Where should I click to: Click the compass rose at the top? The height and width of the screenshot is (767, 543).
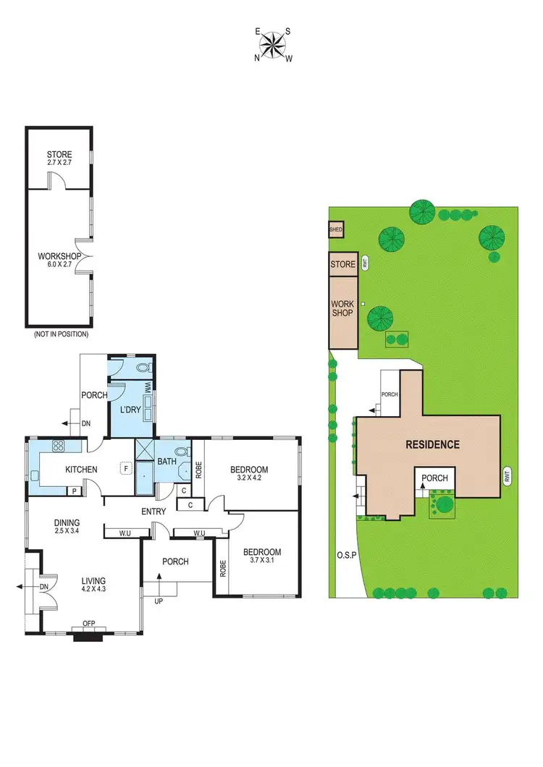[272, 45]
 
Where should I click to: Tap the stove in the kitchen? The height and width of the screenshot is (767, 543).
[57, 446]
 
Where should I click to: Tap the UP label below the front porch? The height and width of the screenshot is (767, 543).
[159, 601]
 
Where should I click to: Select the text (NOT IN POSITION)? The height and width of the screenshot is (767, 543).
[61, 334]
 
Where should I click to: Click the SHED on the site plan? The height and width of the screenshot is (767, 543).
[336, 230]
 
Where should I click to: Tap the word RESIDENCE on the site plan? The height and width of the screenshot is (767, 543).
[432, 444]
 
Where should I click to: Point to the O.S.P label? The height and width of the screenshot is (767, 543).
[345, 556]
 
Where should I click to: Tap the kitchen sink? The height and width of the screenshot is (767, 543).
[35, 475]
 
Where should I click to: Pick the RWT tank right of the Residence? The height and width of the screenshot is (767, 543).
[507, 475]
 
